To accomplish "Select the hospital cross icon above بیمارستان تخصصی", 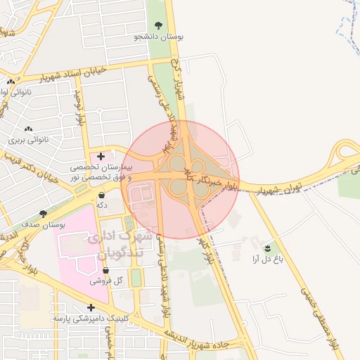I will [101, 156].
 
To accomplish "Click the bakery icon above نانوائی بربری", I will [29, 129].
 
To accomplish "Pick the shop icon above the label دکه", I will [103, 194].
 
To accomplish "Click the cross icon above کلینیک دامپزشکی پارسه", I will [91, 307].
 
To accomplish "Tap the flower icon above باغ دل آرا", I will [267, 248].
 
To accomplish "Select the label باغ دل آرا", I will [267, 259].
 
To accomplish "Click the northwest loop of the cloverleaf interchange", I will [176, 164].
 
